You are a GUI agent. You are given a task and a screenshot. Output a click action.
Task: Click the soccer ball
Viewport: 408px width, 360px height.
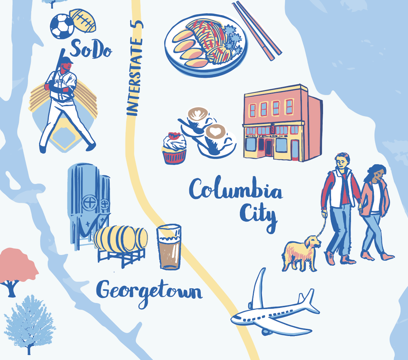pyautogui.click(x=62, y=26)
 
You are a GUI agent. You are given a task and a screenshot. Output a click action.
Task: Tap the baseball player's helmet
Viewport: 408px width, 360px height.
pyautogui.click(x=67, y=60)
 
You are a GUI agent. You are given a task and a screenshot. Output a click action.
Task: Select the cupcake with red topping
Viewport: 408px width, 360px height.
pyautogui.click(x=174, y=148)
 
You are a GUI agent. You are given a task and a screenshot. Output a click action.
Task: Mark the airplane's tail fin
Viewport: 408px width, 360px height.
pyautogui.click(x=259, y=287)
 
